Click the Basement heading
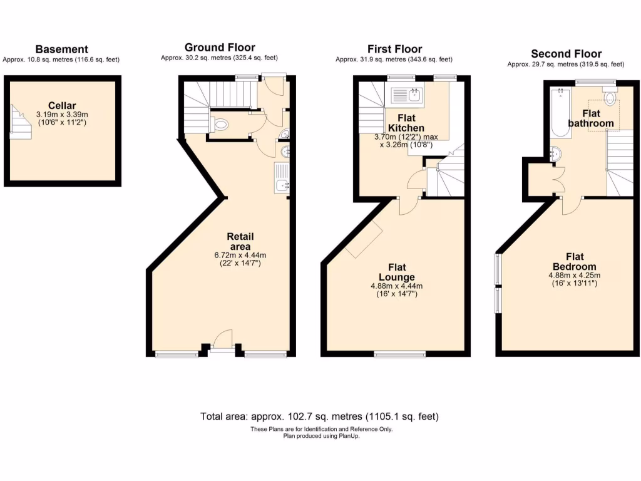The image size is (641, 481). (x=61, y=49)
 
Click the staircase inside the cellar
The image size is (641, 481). (x=19, y=120)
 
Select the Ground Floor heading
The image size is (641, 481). (x=220, y=48)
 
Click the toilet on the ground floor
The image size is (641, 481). (x=220, y=125)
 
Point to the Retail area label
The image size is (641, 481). (x=240, y=241)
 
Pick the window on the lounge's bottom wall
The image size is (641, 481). (x=399, y=354)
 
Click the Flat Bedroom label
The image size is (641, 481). (x=575, y=261)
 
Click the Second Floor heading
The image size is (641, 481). (x=566, y=54)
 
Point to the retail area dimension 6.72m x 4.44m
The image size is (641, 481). (x=240, y=255)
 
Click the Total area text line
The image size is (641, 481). (x=320, y=416)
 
